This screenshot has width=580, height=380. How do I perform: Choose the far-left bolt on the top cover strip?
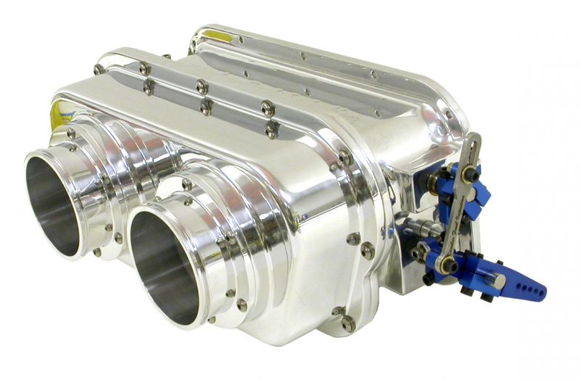tap(99, 69)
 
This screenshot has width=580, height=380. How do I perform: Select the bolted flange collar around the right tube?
tap(239, 239)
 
